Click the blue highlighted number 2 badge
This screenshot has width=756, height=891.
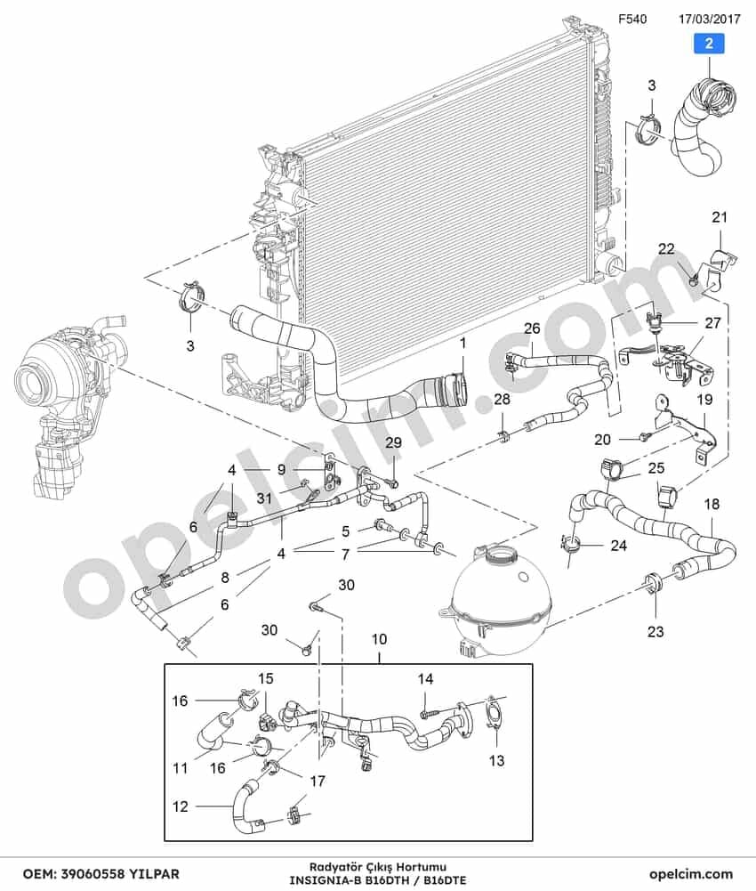click(x=708, y=44)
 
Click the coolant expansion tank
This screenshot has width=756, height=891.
click(x=501, y=597)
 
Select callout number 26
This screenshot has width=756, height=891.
click(x=532, y=328)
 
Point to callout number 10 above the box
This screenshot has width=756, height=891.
click(x=379, y=639)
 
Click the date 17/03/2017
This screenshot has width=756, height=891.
click(x=710, y=19)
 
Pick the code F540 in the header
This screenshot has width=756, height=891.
click(x=632, y=19)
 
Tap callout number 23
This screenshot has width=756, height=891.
click(x=655, y=631)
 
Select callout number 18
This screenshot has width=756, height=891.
click(x=712, y=504)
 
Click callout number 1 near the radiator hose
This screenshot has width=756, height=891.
click(x=462, y=344)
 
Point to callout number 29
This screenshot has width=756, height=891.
click(x=393, y=442)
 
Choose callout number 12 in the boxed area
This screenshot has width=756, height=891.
click(x=180, y=806)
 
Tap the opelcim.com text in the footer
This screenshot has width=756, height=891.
click(x=691, y=873)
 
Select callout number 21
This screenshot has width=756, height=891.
click(x=720, y=217)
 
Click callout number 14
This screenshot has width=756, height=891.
click(x=425, y=678)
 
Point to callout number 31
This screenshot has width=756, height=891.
click(x=263, y=498)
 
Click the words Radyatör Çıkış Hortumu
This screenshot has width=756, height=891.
click(x=378, y=867)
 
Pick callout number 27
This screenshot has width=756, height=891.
click(x=712, y=323)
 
